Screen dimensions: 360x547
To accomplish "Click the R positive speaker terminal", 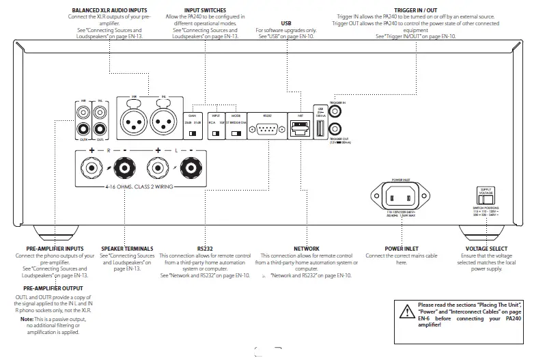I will [91, 167].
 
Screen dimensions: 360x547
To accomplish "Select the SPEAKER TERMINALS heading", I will [127, 249].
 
